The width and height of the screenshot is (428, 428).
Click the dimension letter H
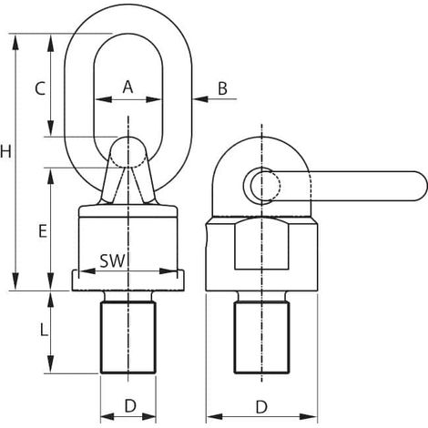5,151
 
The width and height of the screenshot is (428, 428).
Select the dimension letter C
40,88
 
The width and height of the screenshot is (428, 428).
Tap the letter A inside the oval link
128,87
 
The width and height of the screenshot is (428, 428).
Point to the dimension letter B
222,88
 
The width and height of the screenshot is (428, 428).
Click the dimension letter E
43,231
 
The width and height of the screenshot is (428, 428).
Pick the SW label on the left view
113,260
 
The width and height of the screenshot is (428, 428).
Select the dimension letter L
44,330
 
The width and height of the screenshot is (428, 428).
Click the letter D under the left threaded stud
130,405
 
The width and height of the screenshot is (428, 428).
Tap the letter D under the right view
261,407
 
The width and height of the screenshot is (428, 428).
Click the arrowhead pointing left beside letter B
200,99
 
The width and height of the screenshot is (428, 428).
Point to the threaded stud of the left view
128,337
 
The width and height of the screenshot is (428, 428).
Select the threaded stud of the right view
261,337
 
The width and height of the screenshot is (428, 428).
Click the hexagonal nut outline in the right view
261,244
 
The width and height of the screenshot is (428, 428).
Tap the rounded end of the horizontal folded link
423,186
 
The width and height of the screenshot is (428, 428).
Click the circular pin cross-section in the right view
265,186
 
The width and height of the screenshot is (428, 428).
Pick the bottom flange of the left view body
128,280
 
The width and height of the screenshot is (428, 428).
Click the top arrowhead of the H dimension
15,42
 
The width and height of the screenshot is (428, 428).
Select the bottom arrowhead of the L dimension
51,365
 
